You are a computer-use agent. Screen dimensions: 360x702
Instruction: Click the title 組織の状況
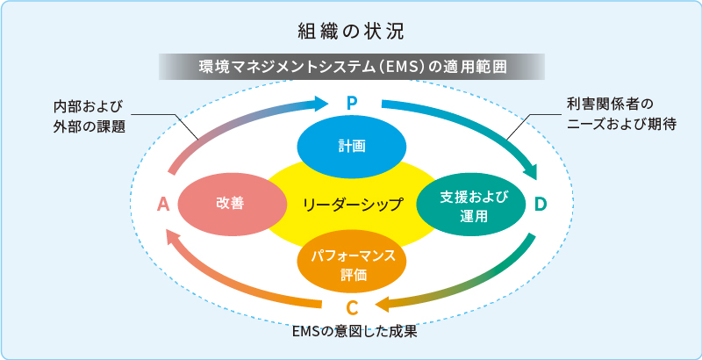350,32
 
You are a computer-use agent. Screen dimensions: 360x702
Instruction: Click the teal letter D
541,204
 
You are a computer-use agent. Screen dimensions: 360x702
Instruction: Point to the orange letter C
351,308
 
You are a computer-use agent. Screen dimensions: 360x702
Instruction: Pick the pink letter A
162,205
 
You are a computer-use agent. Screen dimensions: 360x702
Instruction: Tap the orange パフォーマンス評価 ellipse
352,263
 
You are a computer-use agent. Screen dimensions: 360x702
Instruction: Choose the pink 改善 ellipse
230,204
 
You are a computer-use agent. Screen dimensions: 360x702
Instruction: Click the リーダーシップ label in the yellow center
351,205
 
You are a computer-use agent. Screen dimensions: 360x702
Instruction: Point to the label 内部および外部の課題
89,116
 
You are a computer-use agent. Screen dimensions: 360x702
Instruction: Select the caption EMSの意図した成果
351,334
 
